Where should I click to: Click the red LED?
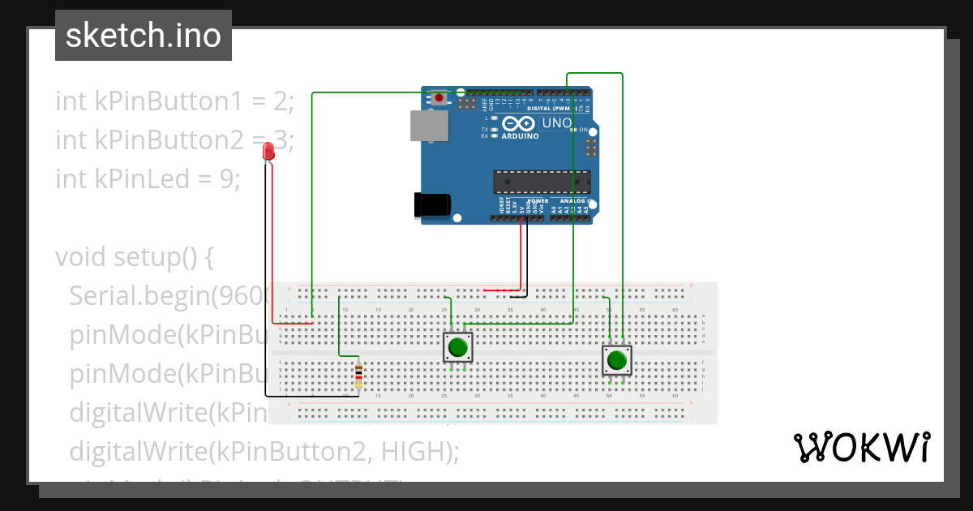click(x=268, y=152)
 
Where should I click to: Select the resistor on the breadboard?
click(x=359, y=378)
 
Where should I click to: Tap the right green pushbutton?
click(x=616, y=359)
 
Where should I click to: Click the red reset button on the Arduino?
click(x=439, y=98)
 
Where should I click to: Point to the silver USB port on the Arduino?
click(x=429, y=126)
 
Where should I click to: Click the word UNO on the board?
click(x=556, y=123)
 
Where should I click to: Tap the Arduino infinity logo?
click(x=519, y=124)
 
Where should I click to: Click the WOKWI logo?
click(x=862, y=447)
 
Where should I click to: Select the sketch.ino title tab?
click(x=144, y=36)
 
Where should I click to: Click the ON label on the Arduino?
click(x=583, y=130)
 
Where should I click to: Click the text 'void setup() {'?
click(x=134, y=257)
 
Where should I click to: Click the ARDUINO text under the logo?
click(x=520, y=136)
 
